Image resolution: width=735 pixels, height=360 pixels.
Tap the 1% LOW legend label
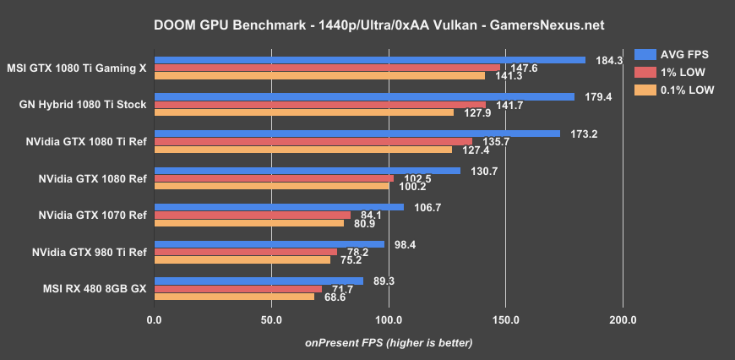click(x=685, y=72)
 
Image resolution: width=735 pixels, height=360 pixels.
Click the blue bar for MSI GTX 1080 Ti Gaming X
click(x=370, y=60)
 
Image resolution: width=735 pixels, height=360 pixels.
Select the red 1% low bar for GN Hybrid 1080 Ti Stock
click(x=320, y=105)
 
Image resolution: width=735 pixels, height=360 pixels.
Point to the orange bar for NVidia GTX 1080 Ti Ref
click(x=303, y=150)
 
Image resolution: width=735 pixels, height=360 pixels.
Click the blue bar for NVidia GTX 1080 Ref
click(x=308, y=171)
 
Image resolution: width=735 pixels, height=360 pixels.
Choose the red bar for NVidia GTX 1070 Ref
click(x=253, y=215)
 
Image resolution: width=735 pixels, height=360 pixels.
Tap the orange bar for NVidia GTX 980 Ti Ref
click(x=242, y=259)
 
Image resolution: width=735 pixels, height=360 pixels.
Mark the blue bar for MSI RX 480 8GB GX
click(x=259, y=281)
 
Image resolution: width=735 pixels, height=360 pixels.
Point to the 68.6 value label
click(x=335, y=297)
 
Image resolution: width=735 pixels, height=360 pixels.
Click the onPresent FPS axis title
click(x=389, y=342)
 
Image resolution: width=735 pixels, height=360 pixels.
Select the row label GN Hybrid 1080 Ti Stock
click(x=83, y=105)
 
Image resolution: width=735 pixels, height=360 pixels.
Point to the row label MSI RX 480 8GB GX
click(x=95, y=288)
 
